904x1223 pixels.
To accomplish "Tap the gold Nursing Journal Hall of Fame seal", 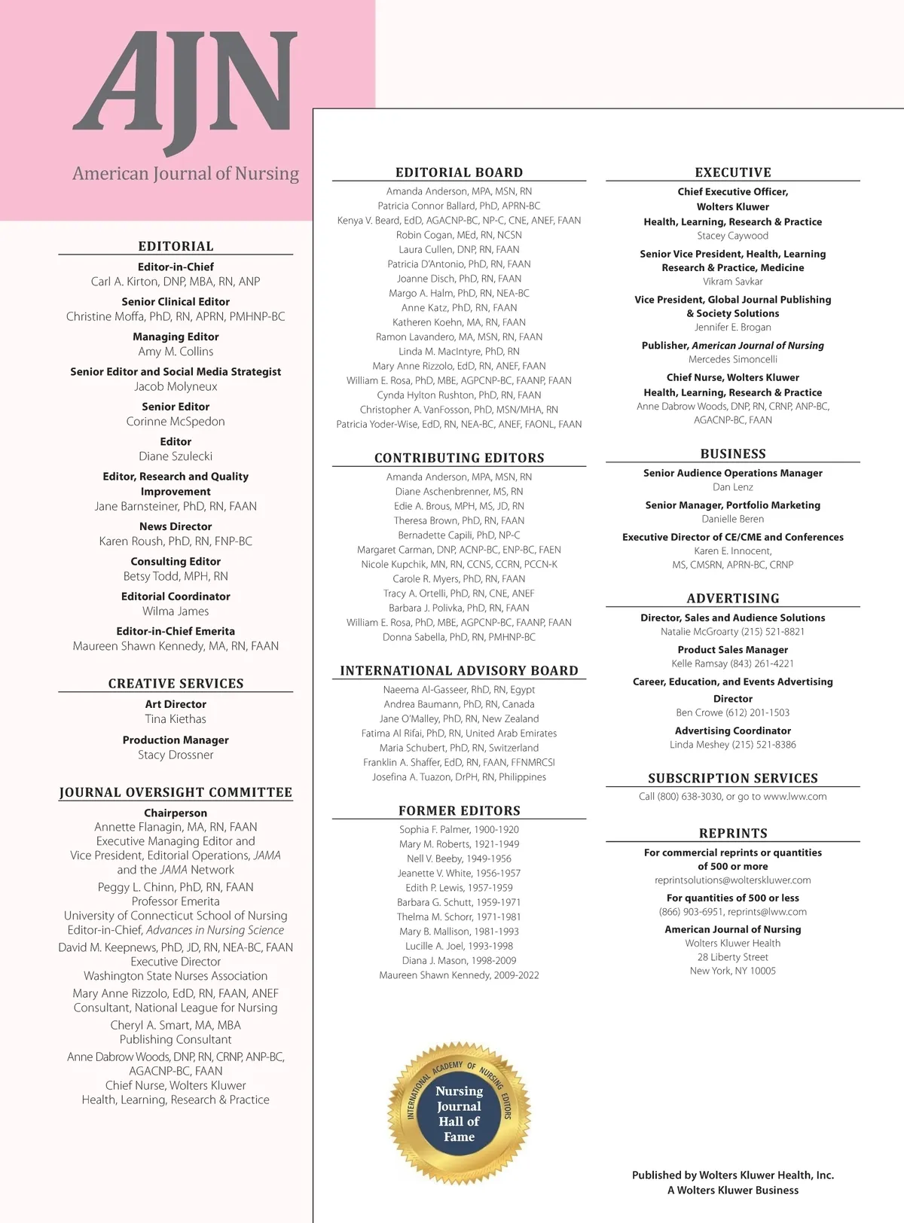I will pos(459,1113).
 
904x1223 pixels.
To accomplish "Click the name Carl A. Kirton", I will pos(176,282).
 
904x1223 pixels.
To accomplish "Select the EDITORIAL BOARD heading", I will pos(459,172).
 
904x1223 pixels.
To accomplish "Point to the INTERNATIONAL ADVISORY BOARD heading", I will pos(459,671).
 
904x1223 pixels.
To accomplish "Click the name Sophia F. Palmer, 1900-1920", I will pos(459,829).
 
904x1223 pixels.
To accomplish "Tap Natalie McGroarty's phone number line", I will pos(732,632).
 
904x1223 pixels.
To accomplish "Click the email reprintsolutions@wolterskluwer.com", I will pos(732,880).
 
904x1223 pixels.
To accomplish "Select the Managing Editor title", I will pos(176,337).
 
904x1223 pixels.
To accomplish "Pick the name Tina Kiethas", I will pos(176,719).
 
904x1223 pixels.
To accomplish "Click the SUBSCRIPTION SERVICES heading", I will pos(732,779).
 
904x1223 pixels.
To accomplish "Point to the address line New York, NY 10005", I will pos(732,971).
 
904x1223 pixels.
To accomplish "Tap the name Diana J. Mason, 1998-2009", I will pos(459,960).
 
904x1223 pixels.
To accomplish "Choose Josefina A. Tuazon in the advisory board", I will pos(459,777).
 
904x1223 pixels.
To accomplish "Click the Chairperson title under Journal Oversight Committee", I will pos(176,813).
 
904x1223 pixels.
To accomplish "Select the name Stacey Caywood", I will pos(732,236).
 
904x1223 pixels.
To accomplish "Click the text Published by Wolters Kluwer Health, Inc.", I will pos(732,1175).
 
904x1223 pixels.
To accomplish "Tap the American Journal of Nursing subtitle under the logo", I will pos(185,174).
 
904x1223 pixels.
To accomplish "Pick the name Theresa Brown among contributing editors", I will pos(459,520).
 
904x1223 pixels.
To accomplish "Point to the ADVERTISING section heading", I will pos(732,599).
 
